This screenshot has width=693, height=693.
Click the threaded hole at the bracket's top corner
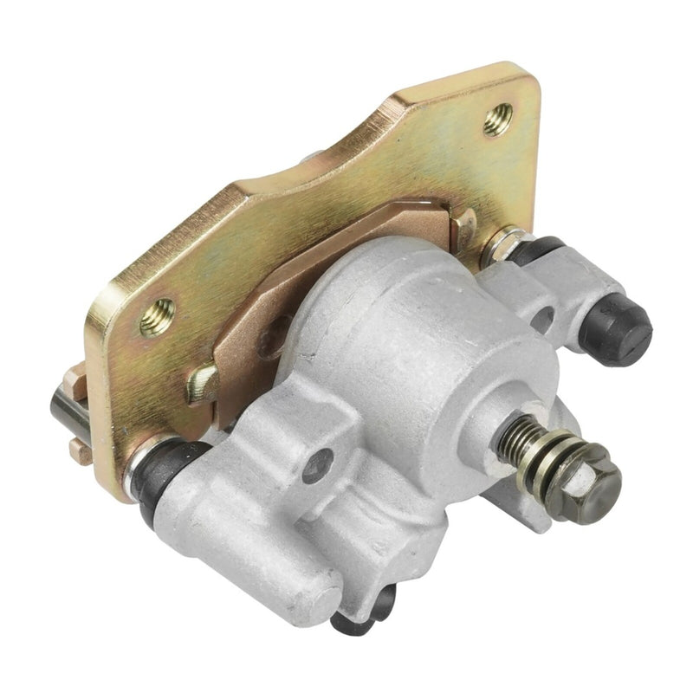click(497, 119)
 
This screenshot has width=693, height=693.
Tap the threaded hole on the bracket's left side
click(157, 317)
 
